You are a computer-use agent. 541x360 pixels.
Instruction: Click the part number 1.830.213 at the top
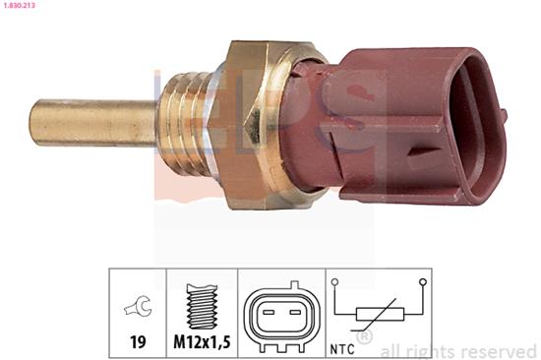click(18, 6)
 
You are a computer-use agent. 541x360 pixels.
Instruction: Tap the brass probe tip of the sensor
click(93, 122)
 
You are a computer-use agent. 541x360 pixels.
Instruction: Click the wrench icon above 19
click(138, 306)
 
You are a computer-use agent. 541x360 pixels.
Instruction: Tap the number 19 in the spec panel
click(138, 342)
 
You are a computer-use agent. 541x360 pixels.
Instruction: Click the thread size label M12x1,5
click(202, 342)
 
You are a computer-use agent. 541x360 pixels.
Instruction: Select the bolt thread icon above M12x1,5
click(202, 306)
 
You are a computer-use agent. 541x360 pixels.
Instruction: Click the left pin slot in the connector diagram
click(269, 313)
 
